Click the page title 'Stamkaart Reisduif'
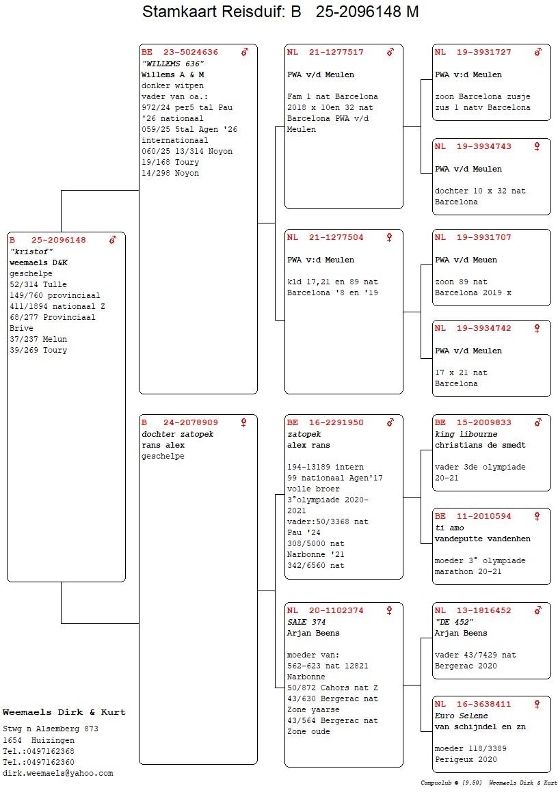point(211,11)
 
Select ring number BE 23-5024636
point(180,52)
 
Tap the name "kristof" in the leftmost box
point(31,252)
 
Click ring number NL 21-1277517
point(325,52)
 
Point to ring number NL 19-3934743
point(473,146)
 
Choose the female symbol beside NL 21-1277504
point(389,237)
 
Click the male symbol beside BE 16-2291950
point(390,422)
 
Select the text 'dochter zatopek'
point(177,434)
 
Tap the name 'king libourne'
point(466,434)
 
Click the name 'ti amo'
point(449,528)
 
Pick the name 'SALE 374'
point(306,622)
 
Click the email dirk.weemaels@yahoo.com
point(57,774)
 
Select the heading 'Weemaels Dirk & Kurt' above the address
point(64,712)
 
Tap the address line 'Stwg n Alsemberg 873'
point(51,729)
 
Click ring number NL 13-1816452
point(473,610)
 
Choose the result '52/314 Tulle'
point(38,284)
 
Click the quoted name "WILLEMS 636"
point(173,64)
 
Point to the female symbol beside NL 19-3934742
point(537,328)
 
